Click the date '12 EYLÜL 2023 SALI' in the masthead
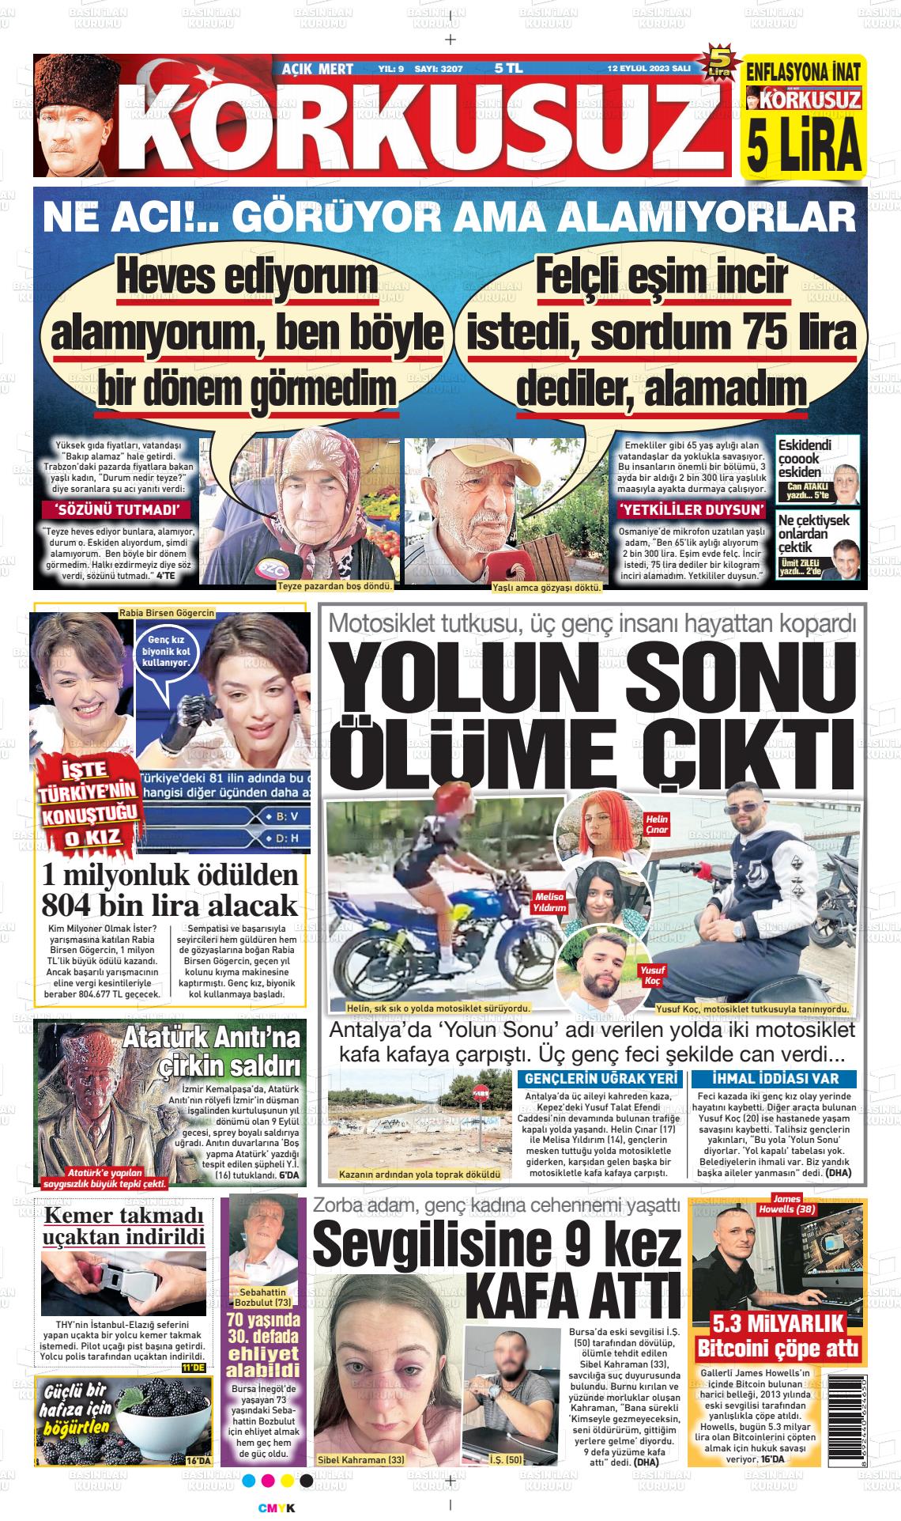(x=649, y=69)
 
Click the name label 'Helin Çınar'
(x=657, y=824)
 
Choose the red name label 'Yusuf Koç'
(x=654, y=974)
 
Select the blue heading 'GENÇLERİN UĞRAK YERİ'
(x=598, y=1079)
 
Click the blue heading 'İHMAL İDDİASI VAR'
(x=774, y=1079)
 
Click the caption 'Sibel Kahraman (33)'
(x=360, y=1459)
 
